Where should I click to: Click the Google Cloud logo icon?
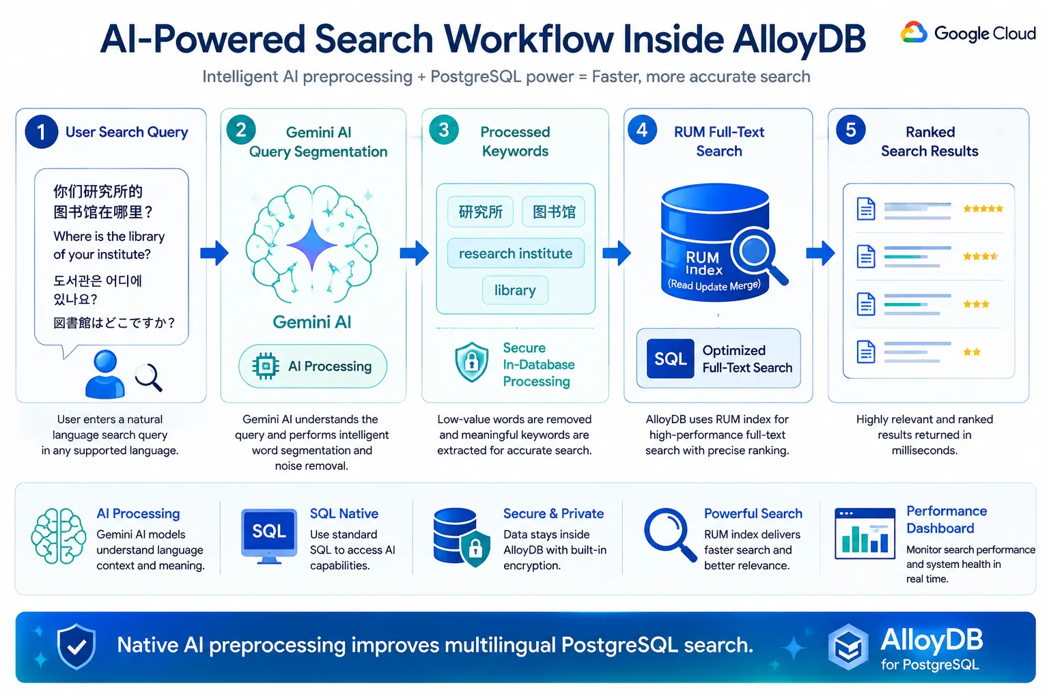[x=913, y=32]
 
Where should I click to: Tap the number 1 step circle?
[x=42, y=132]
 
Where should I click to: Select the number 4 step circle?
[x=642, y=130]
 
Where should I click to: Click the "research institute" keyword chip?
[x=516, y=253]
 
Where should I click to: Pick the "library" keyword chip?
[x=515, y=290]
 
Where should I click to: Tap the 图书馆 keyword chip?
[x=554, y=212]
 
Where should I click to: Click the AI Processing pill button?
[x=313, y=366]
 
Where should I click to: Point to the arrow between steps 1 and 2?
[x=214, y=253]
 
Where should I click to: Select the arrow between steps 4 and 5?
[x=820, y=253]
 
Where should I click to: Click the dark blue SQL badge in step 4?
[x=670, y=358]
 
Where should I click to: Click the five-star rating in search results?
[x=983, y=209]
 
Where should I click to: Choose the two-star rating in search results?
[x=972, y=352]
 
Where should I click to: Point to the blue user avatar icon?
[x=105, y=375]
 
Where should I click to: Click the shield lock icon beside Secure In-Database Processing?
[x=472, y=362]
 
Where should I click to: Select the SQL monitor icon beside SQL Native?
[x=269, y=536]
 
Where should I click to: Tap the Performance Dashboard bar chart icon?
[x=865, y=534]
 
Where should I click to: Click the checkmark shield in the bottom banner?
[x=76, y=646]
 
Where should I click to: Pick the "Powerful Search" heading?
[x=753, y=513]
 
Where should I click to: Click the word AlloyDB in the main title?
[x=799, y=40]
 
